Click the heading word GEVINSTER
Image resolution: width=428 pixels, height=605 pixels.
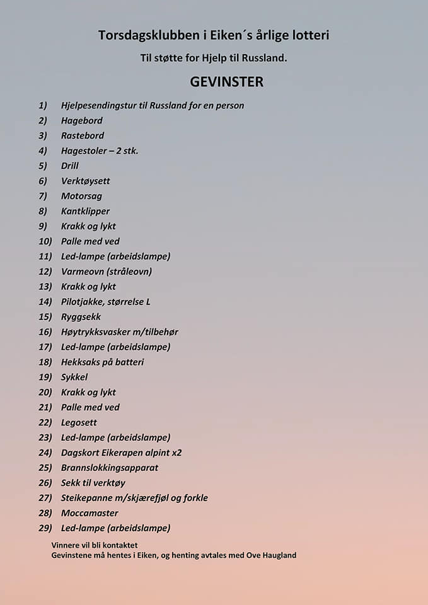coord(226,82)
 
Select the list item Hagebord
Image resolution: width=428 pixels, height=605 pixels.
coord(81,120)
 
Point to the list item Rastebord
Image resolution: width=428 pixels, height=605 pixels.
coord(83,135)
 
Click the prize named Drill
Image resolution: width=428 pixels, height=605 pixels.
coord(69,166)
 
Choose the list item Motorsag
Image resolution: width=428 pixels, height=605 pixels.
coord(81,196)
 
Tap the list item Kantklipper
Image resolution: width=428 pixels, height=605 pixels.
coord(85,211)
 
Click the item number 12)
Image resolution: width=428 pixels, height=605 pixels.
coord(45,272)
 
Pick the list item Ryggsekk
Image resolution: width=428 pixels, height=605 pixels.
coord(81,317)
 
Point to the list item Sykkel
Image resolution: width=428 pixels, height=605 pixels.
coord(74,377)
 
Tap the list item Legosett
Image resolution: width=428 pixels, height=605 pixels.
coord(79,423)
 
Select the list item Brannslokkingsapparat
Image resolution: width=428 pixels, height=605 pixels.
coord(110,468)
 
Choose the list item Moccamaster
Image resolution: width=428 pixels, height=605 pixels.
coord(90,513)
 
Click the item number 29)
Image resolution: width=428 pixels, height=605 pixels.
coord(45,528)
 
